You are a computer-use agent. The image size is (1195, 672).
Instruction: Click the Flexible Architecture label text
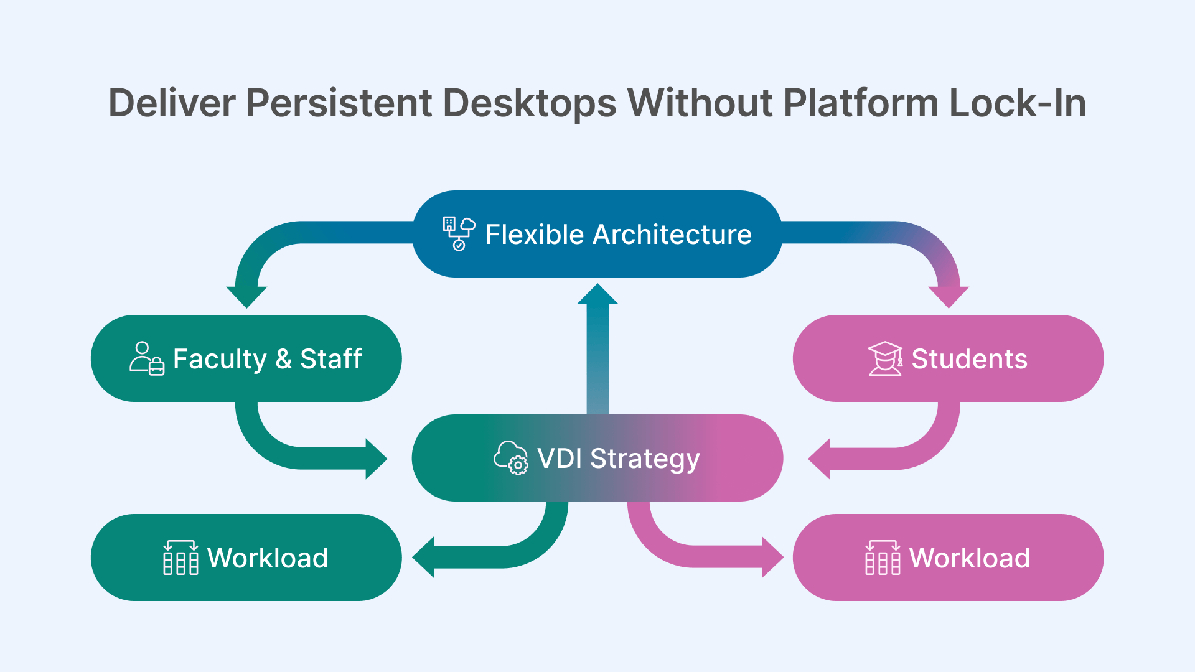click(x=618, y=235)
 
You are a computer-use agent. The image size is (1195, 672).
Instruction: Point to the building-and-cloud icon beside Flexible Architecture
click(x=459, y=234)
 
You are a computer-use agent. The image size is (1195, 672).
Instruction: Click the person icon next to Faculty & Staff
click(x=147, y=358)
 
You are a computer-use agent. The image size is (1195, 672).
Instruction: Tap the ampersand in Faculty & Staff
click(x=283, y=359)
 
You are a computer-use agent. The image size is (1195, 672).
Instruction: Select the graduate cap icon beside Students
click(x=885, y=358)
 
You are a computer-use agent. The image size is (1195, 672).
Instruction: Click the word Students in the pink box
click(x=969, y=359)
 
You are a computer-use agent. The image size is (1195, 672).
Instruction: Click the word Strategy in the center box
click(x=645, y=459)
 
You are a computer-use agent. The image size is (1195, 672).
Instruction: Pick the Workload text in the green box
click(x=267, y=558)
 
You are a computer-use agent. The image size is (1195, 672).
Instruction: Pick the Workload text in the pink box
click(x=969, y=558)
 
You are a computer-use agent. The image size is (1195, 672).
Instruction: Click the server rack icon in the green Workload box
click(x=180, y=558)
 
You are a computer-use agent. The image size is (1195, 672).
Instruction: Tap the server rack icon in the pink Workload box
click(x=883, y=558)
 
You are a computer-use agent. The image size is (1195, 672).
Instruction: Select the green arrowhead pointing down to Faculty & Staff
click(x=246, y=296)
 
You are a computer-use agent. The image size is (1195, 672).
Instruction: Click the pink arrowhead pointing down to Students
click(x=949, y=296)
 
